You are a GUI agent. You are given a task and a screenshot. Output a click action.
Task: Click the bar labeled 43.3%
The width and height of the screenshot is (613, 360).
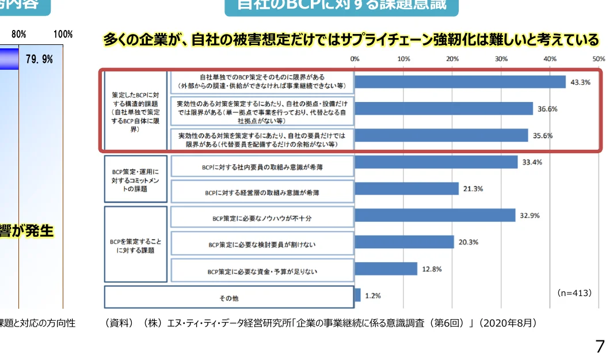click(x=460, y=82)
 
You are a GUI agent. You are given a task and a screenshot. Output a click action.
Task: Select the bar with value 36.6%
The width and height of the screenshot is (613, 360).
click(x=444, y=109)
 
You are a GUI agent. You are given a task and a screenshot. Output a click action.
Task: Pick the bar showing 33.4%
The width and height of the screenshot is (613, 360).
click(x=436, y=162)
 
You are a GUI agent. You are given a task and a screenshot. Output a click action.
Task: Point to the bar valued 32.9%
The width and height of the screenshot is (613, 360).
click(x=435, y=215)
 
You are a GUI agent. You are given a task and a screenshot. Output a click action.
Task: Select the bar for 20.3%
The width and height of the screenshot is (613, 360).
click(x=404, y=242)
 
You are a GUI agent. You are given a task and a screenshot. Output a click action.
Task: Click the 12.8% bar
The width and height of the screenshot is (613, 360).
click(x=386, y=269)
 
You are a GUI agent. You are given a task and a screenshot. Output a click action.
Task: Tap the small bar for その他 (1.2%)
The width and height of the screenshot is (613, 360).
click(x=357, y=295)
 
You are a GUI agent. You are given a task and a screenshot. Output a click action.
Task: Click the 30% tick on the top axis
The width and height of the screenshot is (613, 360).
click(x=501, y=59)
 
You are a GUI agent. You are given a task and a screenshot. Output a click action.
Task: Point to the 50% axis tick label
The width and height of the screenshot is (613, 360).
click(x=599, y=59)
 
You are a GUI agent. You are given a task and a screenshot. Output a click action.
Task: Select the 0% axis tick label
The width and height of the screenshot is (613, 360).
click(x=355, y=59)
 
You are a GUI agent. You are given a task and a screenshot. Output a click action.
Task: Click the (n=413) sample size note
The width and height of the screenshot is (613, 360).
click(x=574, y=293)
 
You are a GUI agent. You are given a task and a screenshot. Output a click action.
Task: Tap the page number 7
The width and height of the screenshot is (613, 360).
click(x=600, y=346)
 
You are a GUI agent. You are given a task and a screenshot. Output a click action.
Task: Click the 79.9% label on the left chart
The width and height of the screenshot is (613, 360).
click(x=39, y=59)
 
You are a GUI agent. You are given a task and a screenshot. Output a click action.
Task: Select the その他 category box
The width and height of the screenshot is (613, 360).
click(x=229, y=298)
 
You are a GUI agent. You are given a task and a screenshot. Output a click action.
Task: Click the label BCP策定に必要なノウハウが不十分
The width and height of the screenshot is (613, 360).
click(x=261, y=218)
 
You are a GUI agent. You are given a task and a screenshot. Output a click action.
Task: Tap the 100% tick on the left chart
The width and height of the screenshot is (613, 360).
click(x=63, y=34)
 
